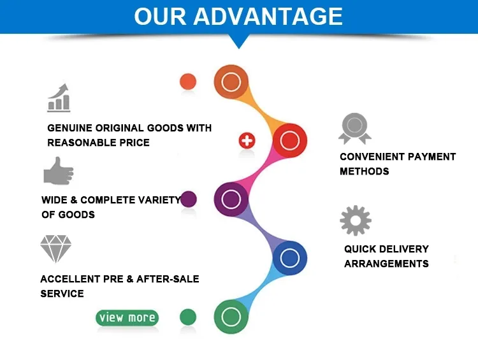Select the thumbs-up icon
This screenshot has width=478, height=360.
[58, 171]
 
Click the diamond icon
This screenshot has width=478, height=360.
[56, 249]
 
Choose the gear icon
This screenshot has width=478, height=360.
[355, 220]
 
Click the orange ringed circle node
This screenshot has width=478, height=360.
[231, 82]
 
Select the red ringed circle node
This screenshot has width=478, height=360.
[289, 140]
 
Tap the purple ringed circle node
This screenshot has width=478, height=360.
[231, 199]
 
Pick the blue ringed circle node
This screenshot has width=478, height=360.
[289, 258]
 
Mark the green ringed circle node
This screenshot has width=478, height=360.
[231, 317]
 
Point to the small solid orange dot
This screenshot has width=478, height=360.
[188, 82]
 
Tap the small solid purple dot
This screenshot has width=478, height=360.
[189, 199]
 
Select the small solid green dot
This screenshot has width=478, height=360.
[188, 317]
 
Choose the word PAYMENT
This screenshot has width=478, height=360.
[432, 157]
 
